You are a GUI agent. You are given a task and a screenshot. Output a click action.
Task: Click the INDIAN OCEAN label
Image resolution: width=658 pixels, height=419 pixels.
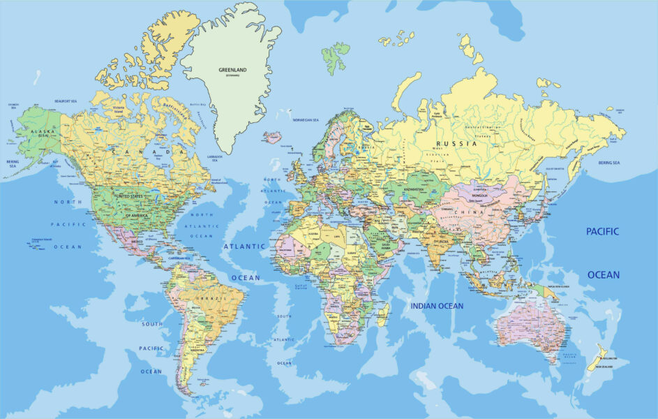(x=437, y=306)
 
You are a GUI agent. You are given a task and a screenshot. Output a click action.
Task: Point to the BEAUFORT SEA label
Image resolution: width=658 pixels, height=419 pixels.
(x=66, y=101)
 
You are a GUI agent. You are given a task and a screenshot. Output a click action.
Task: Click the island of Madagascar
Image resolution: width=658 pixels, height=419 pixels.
(x=382, y=315)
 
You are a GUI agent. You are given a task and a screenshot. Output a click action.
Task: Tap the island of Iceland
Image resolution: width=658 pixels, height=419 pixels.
(x=272, y=136)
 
